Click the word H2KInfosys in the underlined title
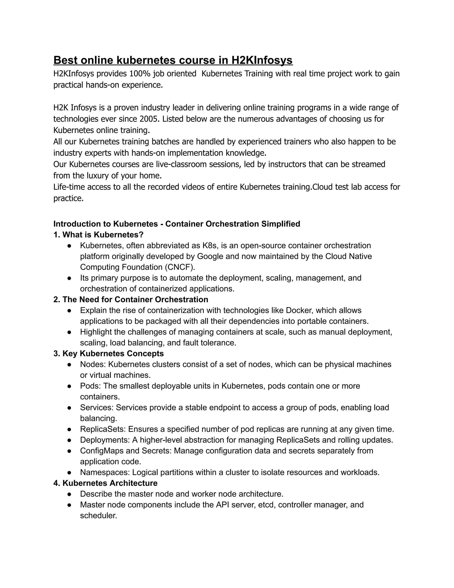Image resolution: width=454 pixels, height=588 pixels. [262, 60]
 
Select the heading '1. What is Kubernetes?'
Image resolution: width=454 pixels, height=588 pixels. [98, 235]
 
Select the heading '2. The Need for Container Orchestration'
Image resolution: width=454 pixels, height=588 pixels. [131, 300]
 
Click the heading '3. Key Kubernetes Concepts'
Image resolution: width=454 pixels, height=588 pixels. [109, 353]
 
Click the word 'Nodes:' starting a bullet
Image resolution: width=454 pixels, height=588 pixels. [93, 364]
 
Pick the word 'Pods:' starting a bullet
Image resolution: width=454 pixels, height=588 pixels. [90, 386]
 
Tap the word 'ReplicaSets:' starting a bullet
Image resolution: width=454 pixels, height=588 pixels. [103, 429]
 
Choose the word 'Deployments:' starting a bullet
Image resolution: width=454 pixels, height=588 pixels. [105, 440]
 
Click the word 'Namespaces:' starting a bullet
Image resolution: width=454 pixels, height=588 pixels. [105, 472]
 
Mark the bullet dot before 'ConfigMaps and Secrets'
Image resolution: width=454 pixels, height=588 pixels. [69, 451]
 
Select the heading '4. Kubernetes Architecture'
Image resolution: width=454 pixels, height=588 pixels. [106, 483]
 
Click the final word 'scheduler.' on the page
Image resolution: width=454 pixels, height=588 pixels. [98, 516]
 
